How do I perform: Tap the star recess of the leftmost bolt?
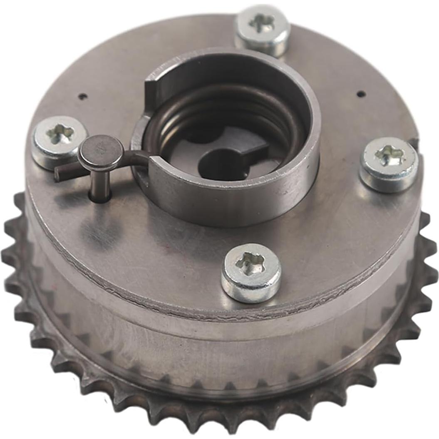60,134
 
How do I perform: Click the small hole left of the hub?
83,97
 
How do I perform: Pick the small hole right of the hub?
361,94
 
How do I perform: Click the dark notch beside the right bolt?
414,144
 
